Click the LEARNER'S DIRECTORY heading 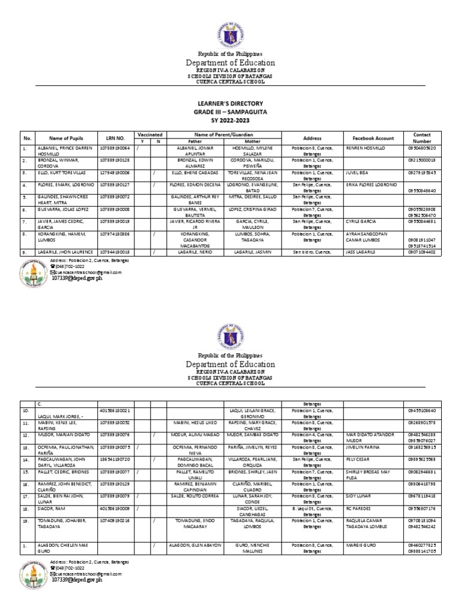pos(230,104)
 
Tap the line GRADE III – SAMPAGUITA pos(230,112)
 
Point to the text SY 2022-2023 pos(230,120)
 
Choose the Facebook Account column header pos(370,138)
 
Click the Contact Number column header pos(423,138)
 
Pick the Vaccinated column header pos(151,135)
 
